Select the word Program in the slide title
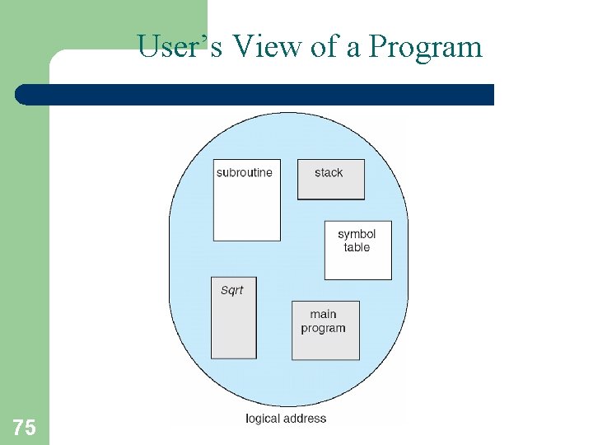tap(425, 47)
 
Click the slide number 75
tap(24, 427)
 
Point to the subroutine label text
tap(244, 172)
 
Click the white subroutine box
tap(246, 210)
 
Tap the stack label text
tap(329, 172)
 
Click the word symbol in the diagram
tap(357, 234)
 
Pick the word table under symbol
tap(357, 247)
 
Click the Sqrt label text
tap(232, 290)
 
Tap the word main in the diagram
tap(323, 314)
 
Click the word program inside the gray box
tap(323, 328)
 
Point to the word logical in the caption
tap(264, 419)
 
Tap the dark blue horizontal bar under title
tap(254, 95)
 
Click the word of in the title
tap(324, 47)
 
